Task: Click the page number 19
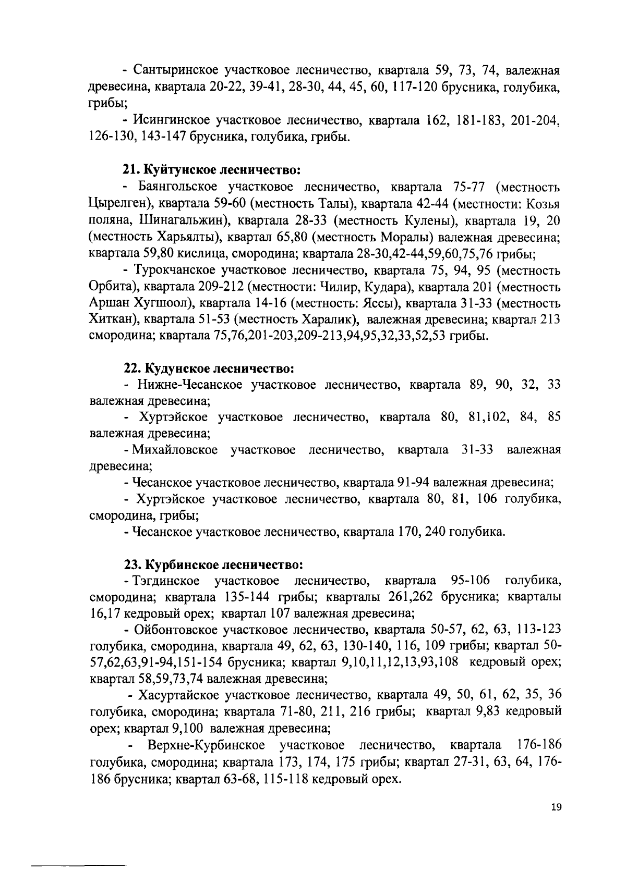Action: click(556, 822)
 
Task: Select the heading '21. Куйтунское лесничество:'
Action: click(212, 170)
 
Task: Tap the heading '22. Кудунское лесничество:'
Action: click(209, 369)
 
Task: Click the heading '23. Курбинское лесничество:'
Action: click(213, 565)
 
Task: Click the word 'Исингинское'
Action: click(172, 121)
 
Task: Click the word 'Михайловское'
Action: click(174, 449)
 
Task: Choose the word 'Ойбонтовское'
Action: click(175, 630)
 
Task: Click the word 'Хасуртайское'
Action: click(177, 695)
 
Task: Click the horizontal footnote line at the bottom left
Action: click(79, 866)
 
